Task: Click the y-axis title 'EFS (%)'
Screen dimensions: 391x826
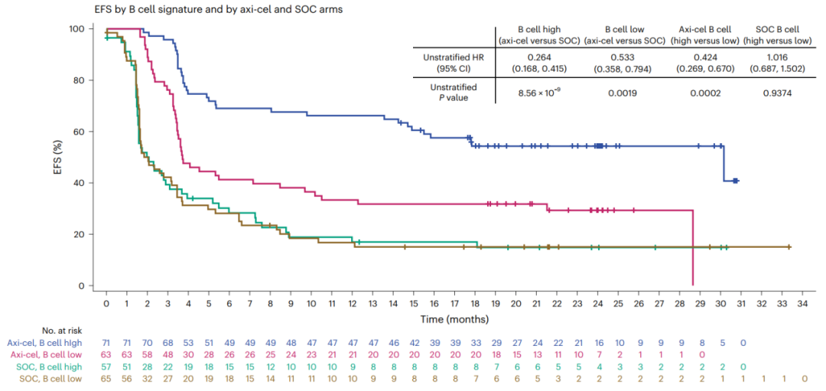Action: [x=60, y=157]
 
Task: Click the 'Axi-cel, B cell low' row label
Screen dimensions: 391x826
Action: [x=47, y=355]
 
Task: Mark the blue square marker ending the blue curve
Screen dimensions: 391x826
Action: [x=735, y=181]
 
